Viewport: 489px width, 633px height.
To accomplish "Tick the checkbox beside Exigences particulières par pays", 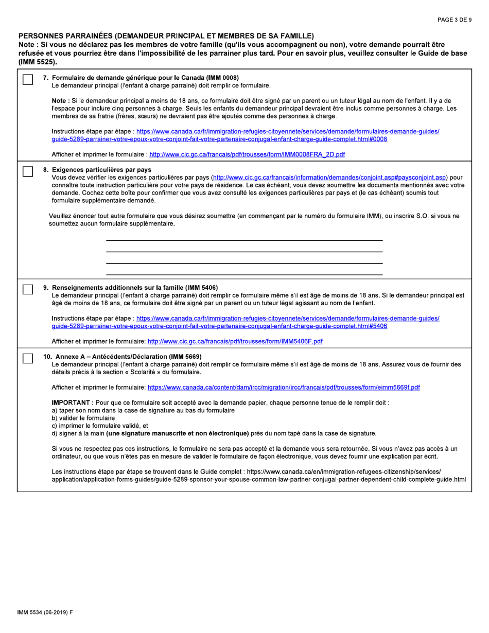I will click(28, 172).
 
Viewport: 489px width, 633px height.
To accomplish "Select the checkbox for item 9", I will click(28, 290).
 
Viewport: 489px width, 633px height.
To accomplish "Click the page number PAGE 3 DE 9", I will click(454, 20).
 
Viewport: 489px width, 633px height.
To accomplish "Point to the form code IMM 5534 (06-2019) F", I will click(45, 612).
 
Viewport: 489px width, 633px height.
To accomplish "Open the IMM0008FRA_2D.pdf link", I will click(247, 154).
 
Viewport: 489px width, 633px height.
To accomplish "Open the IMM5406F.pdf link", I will click(235, 341).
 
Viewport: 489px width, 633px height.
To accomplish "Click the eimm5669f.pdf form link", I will click(284, 387).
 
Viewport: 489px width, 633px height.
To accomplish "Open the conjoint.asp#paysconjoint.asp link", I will click(329, 178).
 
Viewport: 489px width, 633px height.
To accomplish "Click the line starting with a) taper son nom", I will click(143, 410).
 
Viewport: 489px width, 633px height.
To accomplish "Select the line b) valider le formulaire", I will click(83, 418).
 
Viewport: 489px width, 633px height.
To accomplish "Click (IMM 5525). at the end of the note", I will click(38, 62).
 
